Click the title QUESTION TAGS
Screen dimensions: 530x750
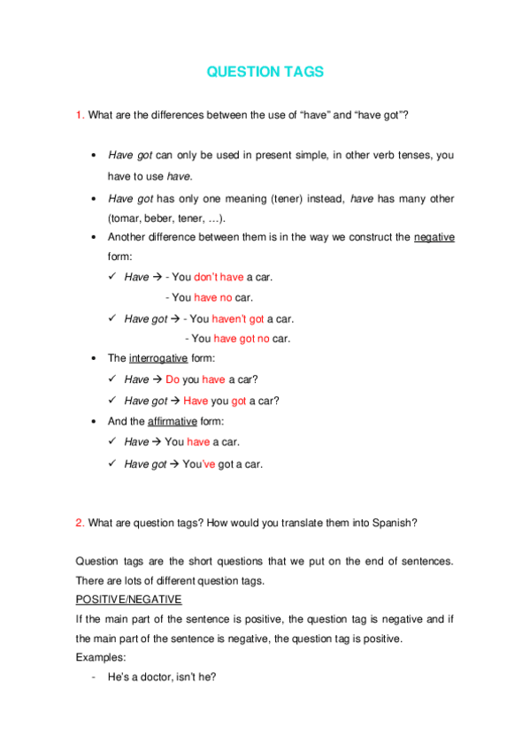(x=265, y=73)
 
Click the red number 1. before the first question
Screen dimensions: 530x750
(x=80, y=116)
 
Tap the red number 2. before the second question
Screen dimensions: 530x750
(x=80, y=523)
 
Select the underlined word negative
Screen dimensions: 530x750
(x=434, y=238)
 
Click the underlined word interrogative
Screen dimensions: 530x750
(x=158, y=359)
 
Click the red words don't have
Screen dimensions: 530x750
(x=219, y=278)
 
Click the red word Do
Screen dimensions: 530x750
(x=173, y=379)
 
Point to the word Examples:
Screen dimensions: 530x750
(x=101, y=657)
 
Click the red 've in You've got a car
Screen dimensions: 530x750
(x=209, y=463)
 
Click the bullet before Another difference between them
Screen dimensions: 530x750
(x=94, y=238)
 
